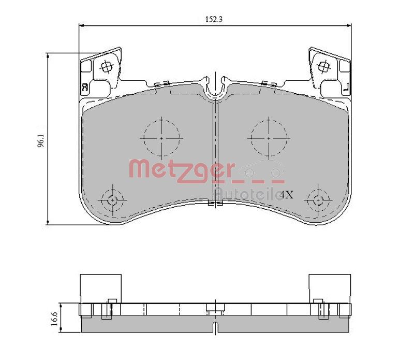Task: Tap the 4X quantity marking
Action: point(286,195)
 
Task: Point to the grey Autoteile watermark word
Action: point(246,193)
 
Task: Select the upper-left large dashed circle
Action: point(161,138)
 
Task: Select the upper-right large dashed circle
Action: point(269,138)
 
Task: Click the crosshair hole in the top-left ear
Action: point(107,66)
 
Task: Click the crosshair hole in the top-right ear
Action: point(324,66)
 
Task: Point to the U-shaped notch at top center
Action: point(214,88)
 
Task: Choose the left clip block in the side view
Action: point(100,288)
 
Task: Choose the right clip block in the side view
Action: point(330,288)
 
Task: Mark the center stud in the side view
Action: point(214,308)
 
